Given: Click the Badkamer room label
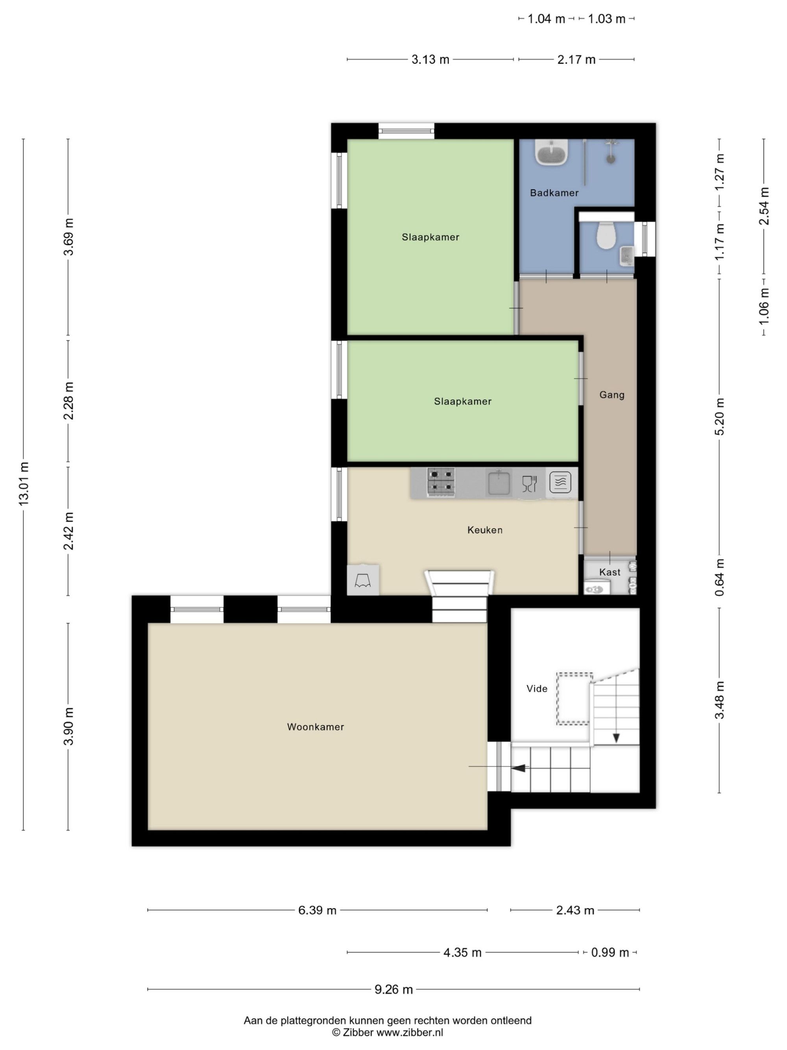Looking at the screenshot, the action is pyautogui.click(x=554, y=193).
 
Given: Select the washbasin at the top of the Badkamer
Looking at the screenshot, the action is pyautogui.click(x=552, y=152).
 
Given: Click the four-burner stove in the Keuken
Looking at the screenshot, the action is pyautogui.click(x=441, y=482).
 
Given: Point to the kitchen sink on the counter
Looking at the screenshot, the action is pyautogui.click(x=499, y=482).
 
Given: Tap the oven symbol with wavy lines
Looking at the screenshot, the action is pyautogui.click(x=560, y=483).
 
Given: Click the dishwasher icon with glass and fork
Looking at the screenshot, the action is pyautogui.click(x=529, y=483).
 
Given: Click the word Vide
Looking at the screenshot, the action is pyautogui.click(x=537, y=689).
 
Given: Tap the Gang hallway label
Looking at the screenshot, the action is pyautogui.click(x=612, y=394).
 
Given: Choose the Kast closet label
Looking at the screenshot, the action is pyautogui.click(x=610, y=572).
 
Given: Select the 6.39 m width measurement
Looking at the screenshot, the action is pyautogui.click(x=318, y=909).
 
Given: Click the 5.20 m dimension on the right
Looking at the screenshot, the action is pyautogui.click(x=720, y=416).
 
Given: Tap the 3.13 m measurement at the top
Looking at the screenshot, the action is pyautogui.click(x=430, y=60).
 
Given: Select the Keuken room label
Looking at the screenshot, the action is pyautogui.click(x=485, y=530).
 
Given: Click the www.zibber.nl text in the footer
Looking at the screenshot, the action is pyautogui.click(x=410, y=1031).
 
